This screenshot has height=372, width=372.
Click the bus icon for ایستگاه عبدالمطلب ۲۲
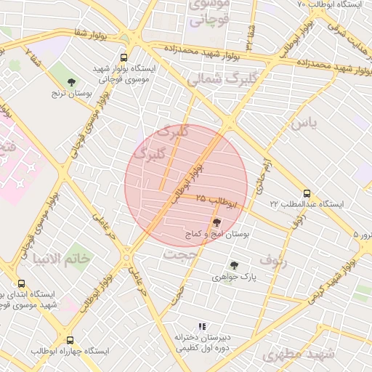(307, 194)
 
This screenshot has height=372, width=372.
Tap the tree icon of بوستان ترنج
(70, 82)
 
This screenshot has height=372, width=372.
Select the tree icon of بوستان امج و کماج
(216, 222)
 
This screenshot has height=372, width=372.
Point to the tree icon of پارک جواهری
(233, 266)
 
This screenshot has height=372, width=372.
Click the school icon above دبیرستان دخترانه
(201, 327)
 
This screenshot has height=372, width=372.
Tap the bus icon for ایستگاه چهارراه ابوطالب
(70, 340)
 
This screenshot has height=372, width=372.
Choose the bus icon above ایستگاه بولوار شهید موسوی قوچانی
(124, 57)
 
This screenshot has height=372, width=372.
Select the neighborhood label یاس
(304, 124)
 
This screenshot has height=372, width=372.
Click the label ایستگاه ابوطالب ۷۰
(331, 4)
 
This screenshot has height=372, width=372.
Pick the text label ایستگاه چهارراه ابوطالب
(70, 351)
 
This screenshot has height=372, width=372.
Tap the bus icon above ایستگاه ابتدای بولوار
(21, 283)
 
